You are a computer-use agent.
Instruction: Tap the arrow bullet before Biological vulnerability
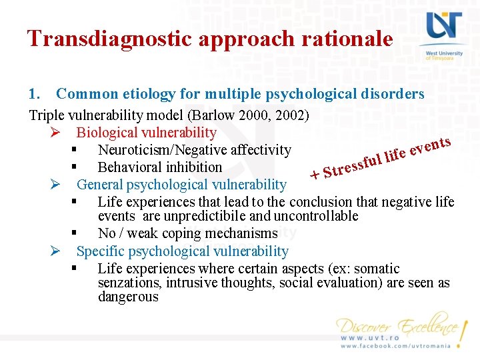[x=56, y=133]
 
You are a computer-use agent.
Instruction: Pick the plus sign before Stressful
[x=315, y=176]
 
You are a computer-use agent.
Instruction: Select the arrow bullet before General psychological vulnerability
[x=56, y=185]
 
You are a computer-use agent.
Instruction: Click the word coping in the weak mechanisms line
[x=188, y=233]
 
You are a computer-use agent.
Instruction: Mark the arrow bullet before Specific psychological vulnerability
[x=56, y=251]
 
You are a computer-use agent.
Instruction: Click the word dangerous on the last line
[x=128, y=297]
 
